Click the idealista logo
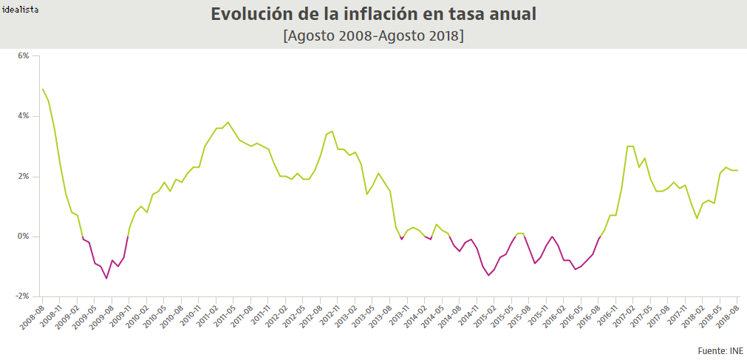[21, 10]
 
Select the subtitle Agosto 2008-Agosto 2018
[373, 35]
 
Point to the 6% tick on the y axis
[23, 56]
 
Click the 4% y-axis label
[23, 116]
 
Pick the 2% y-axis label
[23, 177]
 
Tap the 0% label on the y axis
[23, 237]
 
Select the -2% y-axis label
[21, 296]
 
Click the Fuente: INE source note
[720, 350]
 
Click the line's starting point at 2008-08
[43, 89]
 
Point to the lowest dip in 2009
[106, 278]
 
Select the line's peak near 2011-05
[228, 122]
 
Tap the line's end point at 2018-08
[737, 170]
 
